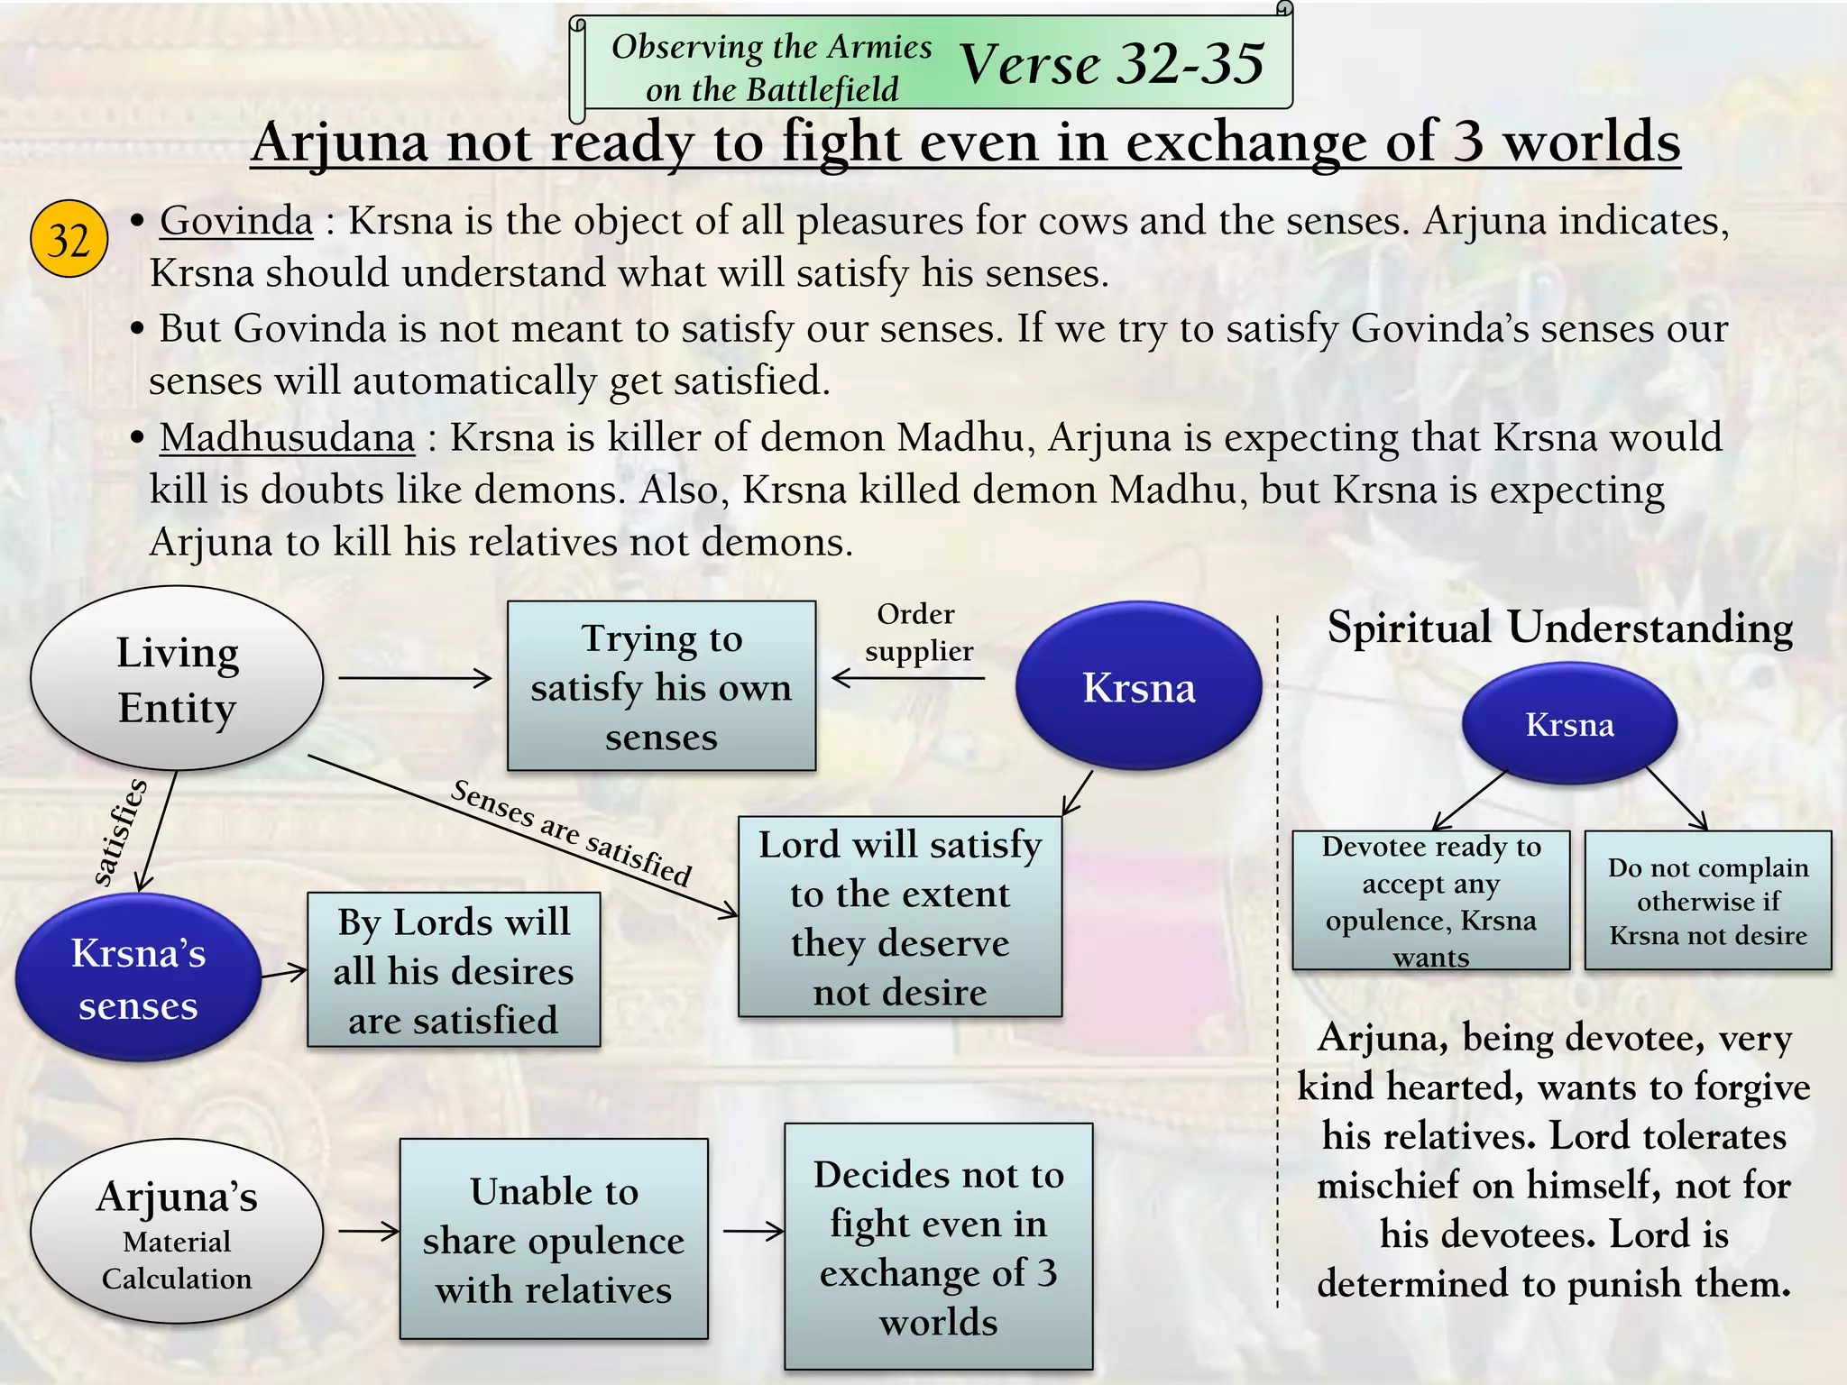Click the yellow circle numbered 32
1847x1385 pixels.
(x=69, y=239)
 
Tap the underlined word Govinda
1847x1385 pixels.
(x=236, y=221)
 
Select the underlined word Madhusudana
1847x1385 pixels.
(x=287, y=438)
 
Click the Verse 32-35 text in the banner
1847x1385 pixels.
(x=1111, y=64)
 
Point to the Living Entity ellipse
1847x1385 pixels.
(x=177, y=679)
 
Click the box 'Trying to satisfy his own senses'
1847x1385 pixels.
(x=661, y=686)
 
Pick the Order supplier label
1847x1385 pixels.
(x=918, y=632)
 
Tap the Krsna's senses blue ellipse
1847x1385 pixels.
(x=138, y=978)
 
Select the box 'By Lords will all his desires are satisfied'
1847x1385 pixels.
(x=454, y=970)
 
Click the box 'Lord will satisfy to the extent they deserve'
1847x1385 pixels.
(x=899, y=917)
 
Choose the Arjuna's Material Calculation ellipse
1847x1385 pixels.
(x=177, y=1232)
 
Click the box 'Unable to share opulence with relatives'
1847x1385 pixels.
(x=554, y=1239)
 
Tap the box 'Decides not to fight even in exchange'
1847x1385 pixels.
(x=938, y=1246)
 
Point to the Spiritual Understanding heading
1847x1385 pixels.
(x=1559, y=628)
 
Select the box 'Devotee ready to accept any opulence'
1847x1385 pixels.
(x=1430, y=901)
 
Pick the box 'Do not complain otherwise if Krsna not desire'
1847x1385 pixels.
(x=1708, y=901)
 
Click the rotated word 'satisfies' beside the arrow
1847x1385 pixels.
(x=120, y=832)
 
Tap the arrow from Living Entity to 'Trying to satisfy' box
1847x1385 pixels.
(x=415, y=678)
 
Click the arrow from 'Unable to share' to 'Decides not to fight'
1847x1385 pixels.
(x=753, y=1231)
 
